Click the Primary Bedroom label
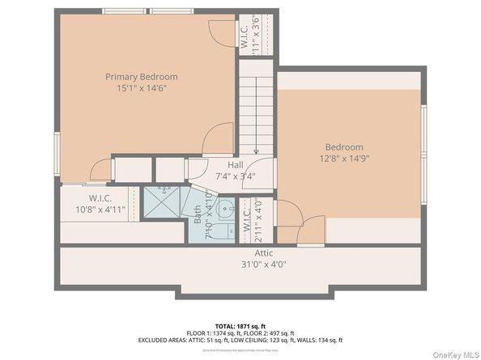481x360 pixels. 141,77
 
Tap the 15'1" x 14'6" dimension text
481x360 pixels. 141,88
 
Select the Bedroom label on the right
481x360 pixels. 344,146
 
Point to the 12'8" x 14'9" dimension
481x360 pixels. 344,159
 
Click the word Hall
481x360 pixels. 235,165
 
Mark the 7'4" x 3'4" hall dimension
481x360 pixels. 235,176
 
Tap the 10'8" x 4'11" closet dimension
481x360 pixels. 100,210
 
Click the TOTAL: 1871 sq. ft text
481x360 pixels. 240,324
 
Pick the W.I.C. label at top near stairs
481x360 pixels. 244,35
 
